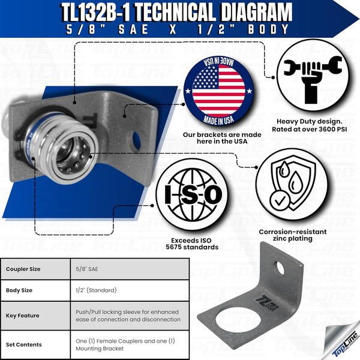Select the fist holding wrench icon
tap(310, 71)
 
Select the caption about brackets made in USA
tap(221, 139)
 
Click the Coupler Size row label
tap(24, 269)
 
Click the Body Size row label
tap(21, 290)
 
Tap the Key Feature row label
tap(23, 315)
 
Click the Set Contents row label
tap(24, 344)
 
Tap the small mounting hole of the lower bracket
tap(280, 266)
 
